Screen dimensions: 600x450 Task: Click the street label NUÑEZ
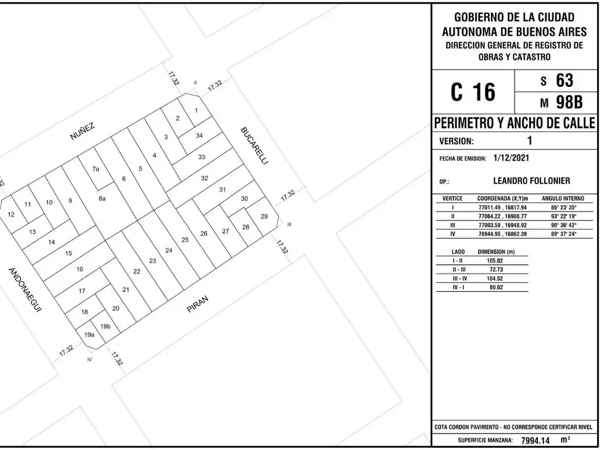pos(82,132)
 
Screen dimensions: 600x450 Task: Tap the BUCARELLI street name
pos(253,146)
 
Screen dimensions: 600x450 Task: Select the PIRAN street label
pos(198,305)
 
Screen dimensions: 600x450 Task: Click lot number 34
pos(199,135)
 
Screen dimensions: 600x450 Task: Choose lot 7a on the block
pos(96,169)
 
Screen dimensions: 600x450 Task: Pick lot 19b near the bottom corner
pos(105,326)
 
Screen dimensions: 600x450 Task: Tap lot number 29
pos(264,216)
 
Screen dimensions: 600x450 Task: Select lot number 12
pos(11,214)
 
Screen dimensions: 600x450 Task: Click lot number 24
pos(169,250)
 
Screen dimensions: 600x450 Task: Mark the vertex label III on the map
pos(289,224)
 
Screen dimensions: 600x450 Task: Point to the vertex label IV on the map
pos(90,359)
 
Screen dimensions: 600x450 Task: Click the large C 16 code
pos(473,92)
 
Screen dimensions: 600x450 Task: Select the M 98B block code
pos(561,102)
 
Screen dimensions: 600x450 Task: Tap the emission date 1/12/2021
pos(511,157)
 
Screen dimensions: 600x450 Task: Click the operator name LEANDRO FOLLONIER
pos(531,180)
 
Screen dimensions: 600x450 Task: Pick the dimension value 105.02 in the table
pos(496,261)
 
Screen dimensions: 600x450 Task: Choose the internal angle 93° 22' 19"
pos(563,216)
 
